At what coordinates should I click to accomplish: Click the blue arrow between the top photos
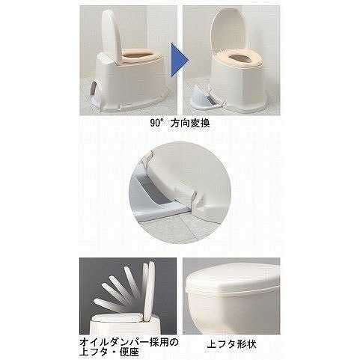(179, 60)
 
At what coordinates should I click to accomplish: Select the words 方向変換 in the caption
(190, 123)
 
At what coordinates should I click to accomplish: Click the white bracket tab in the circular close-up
(198, 200)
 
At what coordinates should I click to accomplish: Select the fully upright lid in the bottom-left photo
(149, 290)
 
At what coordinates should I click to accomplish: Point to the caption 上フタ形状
(232, 344)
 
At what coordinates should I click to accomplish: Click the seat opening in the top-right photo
(239, 58)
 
